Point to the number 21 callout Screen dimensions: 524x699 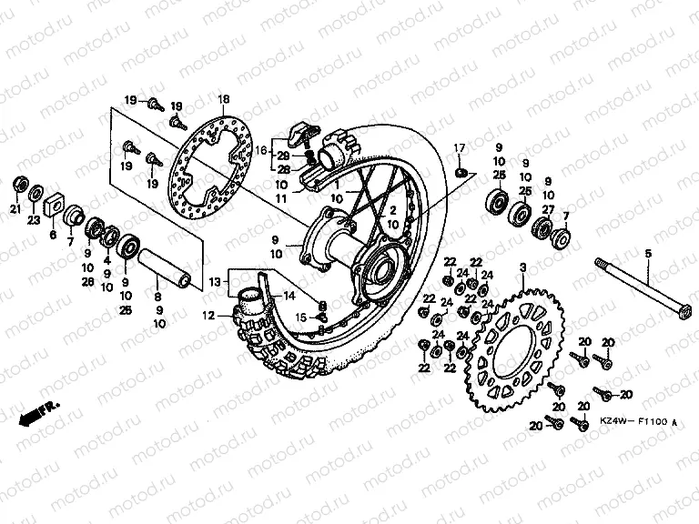15,211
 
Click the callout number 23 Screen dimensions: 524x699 35,219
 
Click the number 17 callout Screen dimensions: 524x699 460,147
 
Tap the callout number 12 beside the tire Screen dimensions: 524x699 208,316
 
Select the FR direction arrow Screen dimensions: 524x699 36,412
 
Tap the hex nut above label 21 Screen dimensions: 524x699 18,188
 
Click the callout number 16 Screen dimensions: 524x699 261,151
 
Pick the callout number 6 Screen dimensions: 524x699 52,233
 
